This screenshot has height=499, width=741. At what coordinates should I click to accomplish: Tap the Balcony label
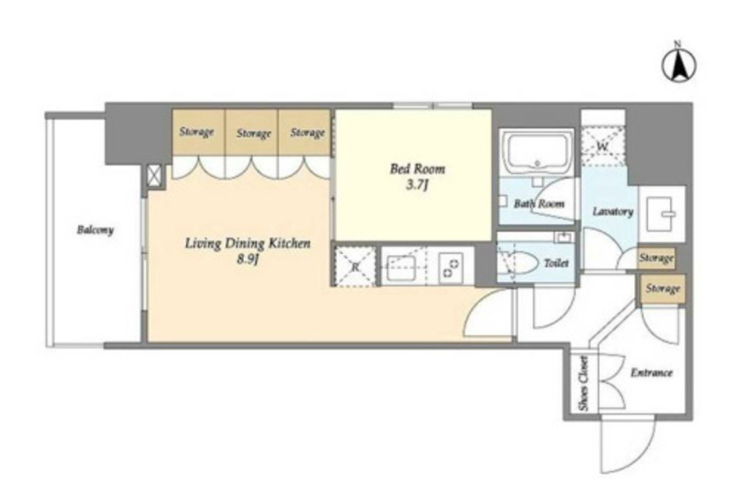point(95,230)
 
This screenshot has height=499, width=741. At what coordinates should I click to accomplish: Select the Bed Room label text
point(418,169)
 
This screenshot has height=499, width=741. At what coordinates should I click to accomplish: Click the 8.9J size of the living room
point(247,260)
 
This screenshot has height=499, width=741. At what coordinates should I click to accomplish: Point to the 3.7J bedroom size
point(417,185)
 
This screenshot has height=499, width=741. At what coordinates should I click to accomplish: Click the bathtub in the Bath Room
point(537,152)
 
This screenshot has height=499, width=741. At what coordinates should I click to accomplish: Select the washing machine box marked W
point(603,146)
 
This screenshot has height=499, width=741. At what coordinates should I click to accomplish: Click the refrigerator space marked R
point(355,267)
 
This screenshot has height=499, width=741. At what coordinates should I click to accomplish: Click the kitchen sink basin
point(401,268)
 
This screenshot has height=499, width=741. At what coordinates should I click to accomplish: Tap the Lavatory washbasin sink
point(661,214)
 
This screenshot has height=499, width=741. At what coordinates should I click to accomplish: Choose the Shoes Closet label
point(584,383)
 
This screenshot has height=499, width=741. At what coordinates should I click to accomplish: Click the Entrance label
point(651,373)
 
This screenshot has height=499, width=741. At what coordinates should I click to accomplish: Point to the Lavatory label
point(613,211)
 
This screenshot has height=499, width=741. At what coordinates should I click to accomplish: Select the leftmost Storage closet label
point(197,132)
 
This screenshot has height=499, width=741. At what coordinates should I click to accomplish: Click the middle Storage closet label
point(254,133)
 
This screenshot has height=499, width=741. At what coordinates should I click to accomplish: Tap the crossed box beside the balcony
point(154,177)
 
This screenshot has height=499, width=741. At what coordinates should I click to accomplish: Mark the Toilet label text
point(556,263)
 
